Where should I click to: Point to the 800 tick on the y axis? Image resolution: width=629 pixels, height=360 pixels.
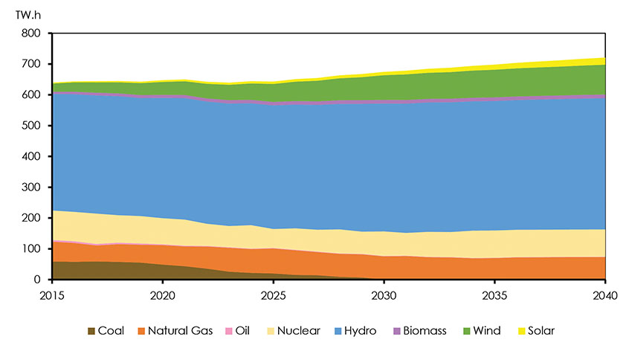click(30, 33)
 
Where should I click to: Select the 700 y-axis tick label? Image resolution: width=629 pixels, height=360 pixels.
click(30, 64)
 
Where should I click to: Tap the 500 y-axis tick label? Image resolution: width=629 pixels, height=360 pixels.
click(30, 126)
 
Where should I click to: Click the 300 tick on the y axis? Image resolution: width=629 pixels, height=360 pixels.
click(30, 187)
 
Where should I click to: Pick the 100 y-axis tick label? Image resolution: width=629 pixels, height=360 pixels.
click(30, 249)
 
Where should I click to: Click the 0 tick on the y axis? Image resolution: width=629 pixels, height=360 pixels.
click(36, 280)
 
